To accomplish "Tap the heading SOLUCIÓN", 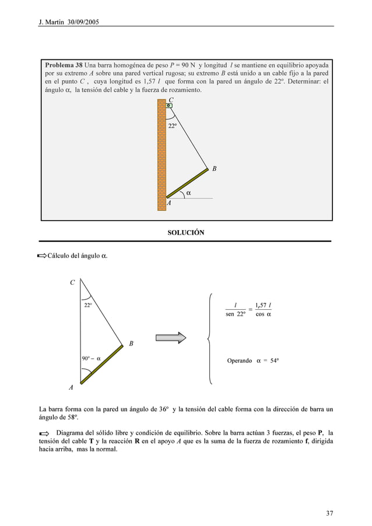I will tap(186, 232).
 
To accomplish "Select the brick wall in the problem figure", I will tap(162, 154).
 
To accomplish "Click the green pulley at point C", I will tap(169, 105).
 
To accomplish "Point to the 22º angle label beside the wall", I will tap(173, 126).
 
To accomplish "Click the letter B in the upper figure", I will tap(215, 169).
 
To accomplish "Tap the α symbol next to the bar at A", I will tap(188, 192).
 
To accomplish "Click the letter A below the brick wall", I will tap(169, 203).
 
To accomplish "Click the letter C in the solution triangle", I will tap(72, 283).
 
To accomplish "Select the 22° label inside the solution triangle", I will tap(87, 305).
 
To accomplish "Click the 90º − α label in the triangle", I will tap(91, 359).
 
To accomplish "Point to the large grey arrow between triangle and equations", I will tap(170, 338).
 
